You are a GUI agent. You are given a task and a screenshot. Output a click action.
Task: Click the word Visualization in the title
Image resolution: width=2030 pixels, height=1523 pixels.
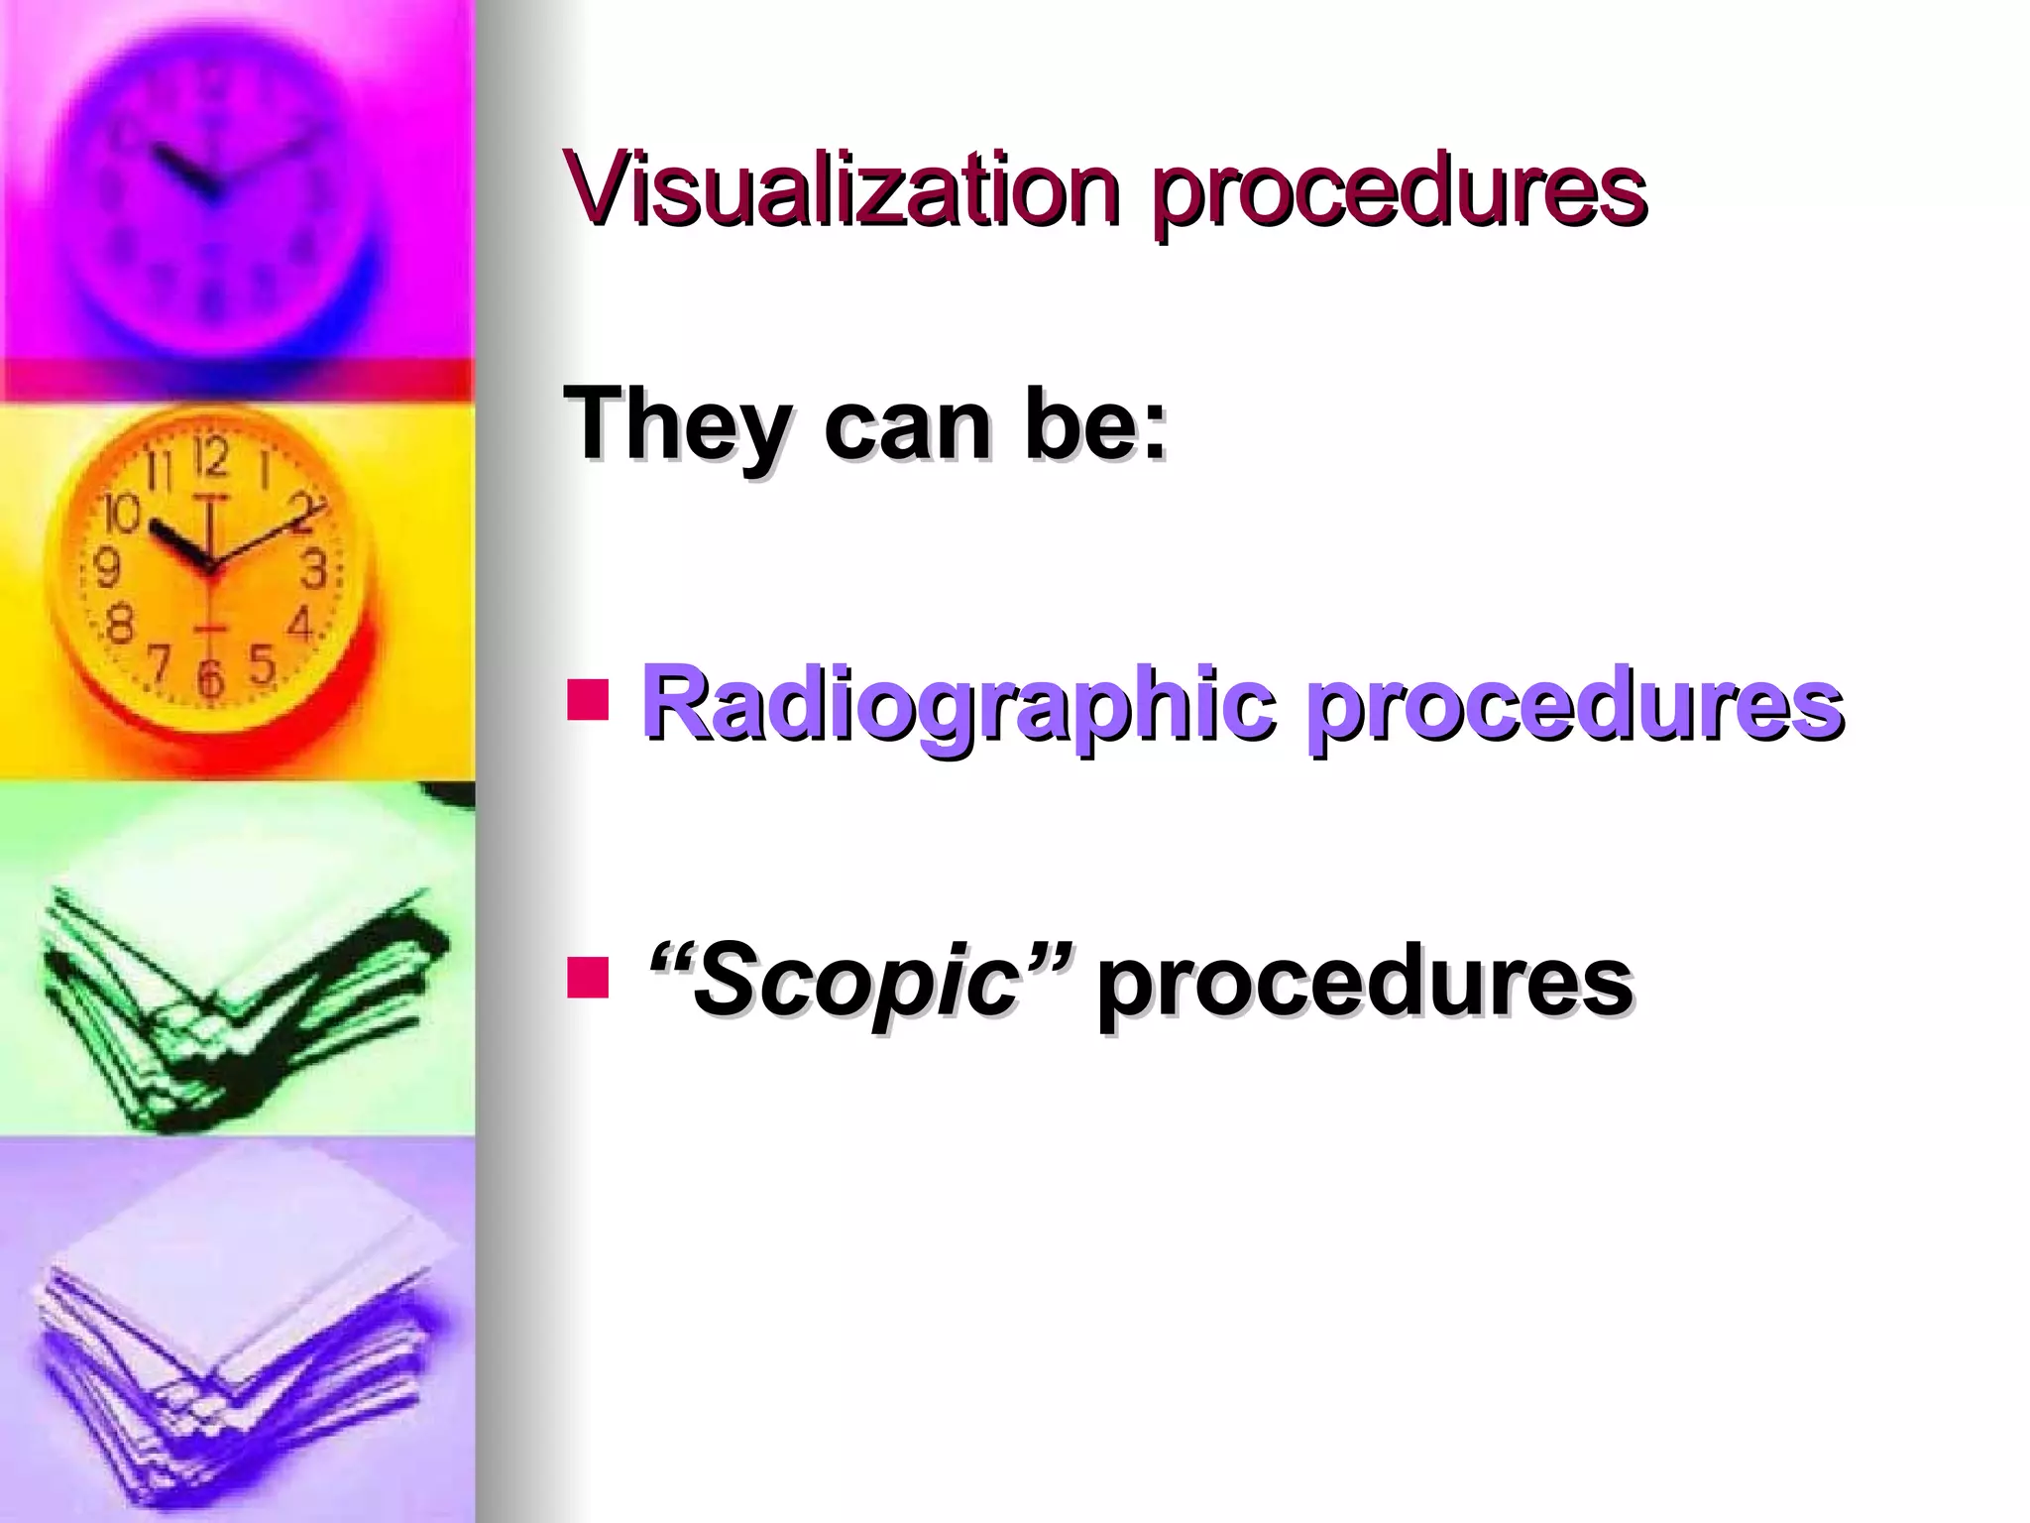click(843, 187)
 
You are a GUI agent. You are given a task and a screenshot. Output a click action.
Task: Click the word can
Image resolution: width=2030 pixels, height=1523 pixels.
click(907, 429)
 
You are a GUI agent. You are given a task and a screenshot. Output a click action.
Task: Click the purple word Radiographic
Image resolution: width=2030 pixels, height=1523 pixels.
click(958, 706)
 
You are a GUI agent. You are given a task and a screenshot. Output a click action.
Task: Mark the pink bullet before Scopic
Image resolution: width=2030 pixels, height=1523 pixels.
click(587, 976)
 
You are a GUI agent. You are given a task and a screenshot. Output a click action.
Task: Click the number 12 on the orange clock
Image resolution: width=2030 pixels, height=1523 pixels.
click(210, 458)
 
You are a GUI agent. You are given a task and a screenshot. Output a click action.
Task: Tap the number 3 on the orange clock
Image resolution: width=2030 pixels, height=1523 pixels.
click(314, 569)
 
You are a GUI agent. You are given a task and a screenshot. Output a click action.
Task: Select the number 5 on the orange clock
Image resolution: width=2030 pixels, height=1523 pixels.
click(262, 663)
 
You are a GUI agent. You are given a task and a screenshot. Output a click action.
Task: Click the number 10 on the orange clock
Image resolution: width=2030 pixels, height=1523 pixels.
click(121, 515)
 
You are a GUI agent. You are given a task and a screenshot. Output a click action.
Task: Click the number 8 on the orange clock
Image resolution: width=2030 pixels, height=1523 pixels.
click(119, 626)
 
